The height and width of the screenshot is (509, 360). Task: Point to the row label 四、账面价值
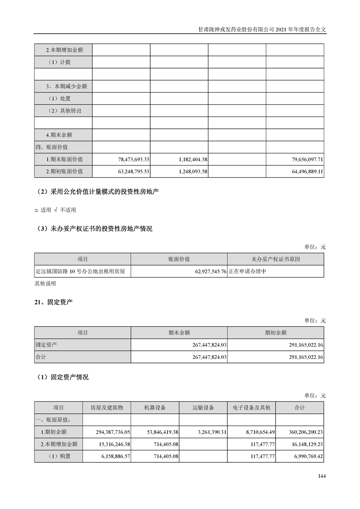pos(51,147)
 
